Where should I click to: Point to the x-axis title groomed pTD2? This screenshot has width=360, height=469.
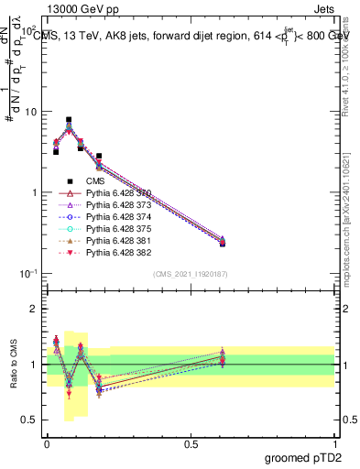[305, 458]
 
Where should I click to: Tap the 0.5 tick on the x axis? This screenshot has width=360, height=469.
[191, 442]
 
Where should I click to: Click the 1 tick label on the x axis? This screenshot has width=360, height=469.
[335, 442]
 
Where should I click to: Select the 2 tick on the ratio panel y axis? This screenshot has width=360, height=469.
[31, 309]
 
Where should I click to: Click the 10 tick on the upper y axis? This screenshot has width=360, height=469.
[27, 112]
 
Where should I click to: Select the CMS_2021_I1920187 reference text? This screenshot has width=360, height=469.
[191, 274]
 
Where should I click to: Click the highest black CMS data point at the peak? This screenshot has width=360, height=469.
[69, 120]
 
